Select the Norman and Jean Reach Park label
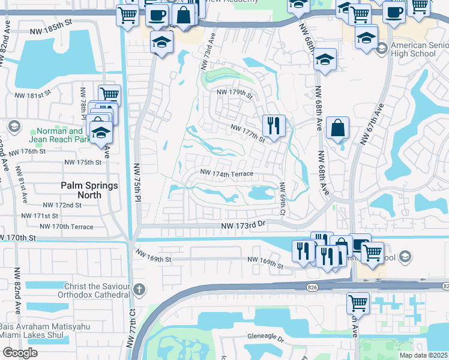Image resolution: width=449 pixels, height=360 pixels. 59,135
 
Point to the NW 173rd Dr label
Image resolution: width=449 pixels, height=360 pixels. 243,224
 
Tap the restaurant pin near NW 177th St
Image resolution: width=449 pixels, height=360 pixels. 273,127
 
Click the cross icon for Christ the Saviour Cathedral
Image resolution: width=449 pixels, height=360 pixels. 139,290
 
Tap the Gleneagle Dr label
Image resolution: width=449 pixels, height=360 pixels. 265,338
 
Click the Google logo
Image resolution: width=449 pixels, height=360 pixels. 20,353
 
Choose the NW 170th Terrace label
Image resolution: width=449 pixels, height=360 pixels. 66,227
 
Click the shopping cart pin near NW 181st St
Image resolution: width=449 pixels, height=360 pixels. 110,95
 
